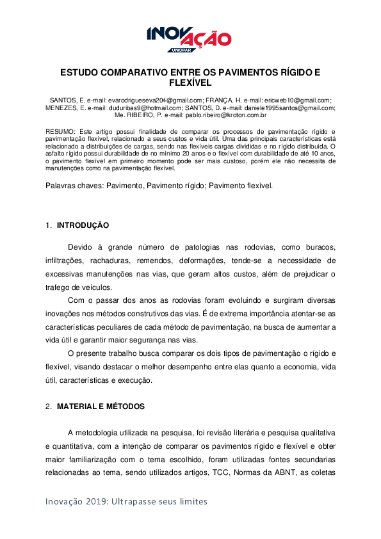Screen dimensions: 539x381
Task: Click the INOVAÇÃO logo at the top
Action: coord(189,37)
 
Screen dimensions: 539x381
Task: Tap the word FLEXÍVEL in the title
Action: coord(190,83)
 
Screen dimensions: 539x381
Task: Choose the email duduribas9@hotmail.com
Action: coord(144,108)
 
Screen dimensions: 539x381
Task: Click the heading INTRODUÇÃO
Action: coord(83,225)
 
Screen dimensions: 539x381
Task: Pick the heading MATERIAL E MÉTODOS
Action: coord(101,406)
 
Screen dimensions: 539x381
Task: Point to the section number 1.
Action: coord(48,225)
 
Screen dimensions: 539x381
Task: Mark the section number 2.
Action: coord(48,406)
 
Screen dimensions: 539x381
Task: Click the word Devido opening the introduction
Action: coord(80,246)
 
